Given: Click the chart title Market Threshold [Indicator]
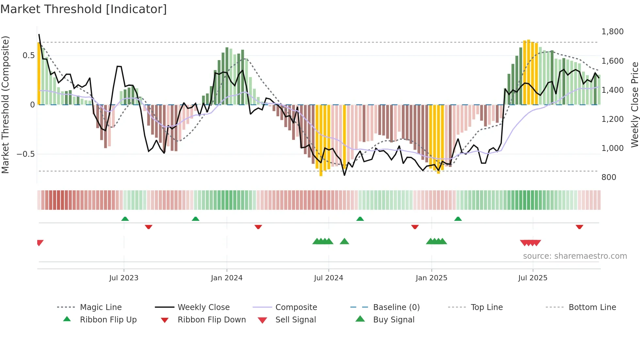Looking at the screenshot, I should (x=84, y=9).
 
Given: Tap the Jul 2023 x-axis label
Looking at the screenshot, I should (x=124, y=278).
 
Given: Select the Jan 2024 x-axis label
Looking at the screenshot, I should (x=227, y=278).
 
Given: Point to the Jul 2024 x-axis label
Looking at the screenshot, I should (x=328, y=278).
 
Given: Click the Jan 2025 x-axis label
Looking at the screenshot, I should (x=431, y=278).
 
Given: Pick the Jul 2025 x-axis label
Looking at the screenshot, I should (x=533, y=278).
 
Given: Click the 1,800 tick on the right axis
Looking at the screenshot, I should (x=612, y=32).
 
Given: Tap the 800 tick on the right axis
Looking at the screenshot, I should (x=609, y=177).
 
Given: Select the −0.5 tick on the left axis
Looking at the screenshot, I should (x=26, y=154).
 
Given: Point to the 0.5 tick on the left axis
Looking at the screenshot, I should (x=28, y=56).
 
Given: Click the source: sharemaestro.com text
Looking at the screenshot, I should (x=575, y=256).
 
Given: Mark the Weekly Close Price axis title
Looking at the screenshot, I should (x=634, y=105).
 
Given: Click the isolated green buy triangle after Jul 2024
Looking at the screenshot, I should (x=344, y=242).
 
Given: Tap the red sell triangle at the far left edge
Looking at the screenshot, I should (x=40, y=242).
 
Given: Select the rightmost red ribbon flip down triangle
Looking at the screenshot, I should (x=579, y=227).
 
